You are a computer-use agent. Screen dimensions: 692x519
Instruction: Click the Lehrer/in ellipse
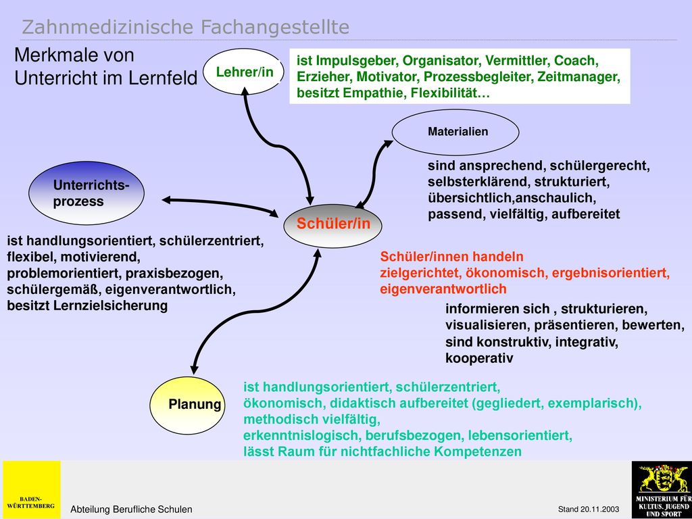[x=243, y=72]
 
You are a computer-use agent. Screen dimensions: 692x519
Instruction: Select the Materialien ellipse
[x=455, y=132]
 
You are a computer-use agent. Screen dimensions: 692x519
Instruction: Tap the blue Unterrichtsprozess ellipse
[x=86, y=193]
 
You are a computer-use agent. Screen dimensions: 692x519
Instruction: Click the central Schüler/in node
[x=332, y=224]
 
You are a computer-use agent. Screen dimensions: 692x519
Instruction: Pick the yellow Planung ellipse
[x=187, y=405]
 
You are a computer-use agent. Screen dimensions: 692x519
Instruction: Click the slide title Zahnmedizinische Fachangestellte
[x=185, y=27]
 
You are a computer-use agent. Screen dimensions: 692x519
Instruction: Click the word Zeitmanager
[x=578, y=77]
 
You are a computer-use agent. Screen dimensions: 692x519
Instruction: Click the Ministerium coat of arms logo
[x=662, y=490]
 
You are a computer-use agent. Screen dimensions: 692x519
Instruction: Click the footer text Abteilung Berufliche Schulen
[x=132, y=510]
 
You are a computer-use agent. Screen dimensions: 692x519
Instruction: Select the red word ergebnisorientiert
[x=609, y=273]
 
